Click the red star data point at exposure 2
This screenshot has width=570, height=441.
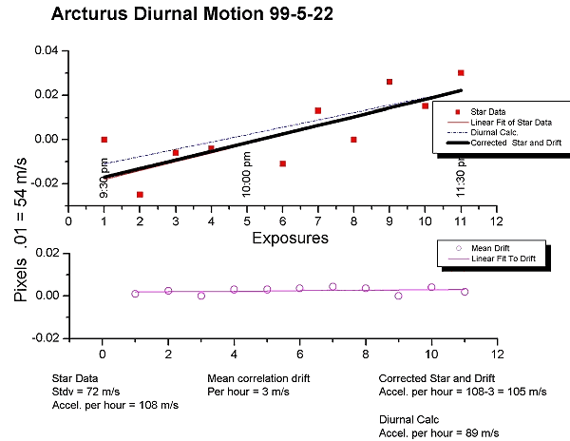(140, 194)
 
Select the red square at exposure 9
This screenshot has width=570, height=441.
(389, 82)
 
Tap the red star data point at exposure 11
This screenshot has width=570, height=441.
(461, 72)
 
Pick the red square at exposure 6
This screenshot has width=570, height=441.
(282, 163)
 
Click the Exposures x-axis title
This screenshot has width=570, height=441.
(291, 237)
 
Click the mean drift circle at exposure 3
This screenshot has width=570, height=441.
(201, 296)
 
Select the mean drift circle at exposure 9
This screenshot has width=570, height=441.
(399, 296)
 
